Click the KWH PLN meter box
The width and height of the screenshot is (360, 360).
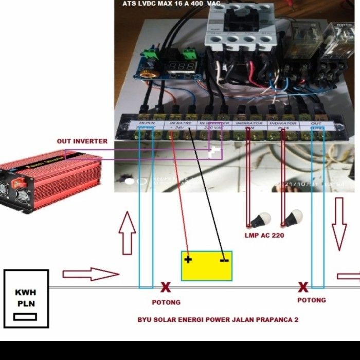(x=26, y=298)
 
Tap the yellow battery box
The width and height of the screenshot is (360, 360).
(x=206, y=266)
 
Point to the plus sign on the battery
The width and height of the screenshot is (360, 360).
(x=188, y=259)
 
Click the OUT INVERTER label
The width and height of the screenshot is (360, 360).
(x=82, y=141)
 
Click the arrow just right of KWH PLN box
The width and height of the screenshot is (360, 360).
(x=90, y=274)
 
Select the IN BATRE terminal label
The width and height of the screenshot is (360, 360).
(x=181, y=124)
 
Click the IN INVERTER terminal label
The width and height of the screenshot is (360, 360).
(x=213, y=124)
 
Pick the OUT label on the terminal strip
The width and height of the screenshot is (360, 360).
(x=317, y=123)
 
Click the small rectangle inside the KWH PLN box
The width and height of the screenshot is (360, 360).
(x=26, y=317)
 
